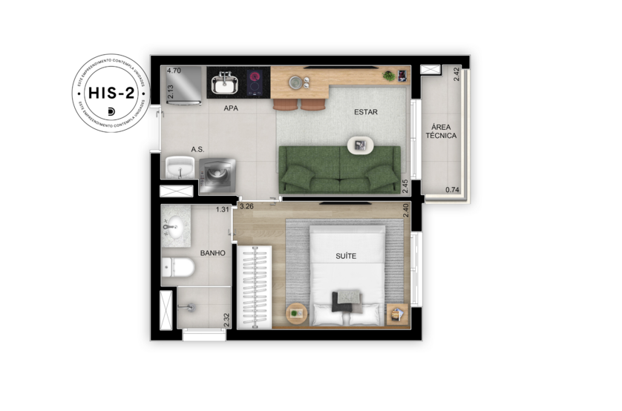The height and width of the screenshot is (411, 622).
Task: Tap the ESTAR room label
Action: [365, 113]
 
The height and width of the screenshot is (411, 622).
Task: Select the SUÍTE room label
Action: [346, 256]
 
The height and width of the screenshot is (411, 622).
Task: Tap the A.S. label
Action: [197, 149]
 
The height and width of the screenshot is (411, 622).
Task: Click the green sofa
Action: [339, 168]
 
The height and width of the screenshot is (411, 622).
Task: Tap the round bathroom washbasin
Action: [174, 228]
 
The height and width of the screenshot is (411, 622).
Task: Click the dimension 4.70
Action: [174, 71]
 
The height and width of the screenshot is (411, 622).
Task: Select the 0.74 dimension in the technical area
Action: [451, 191]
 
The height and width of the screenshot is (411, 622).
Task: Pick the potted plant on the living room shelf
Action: [387, 75]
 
